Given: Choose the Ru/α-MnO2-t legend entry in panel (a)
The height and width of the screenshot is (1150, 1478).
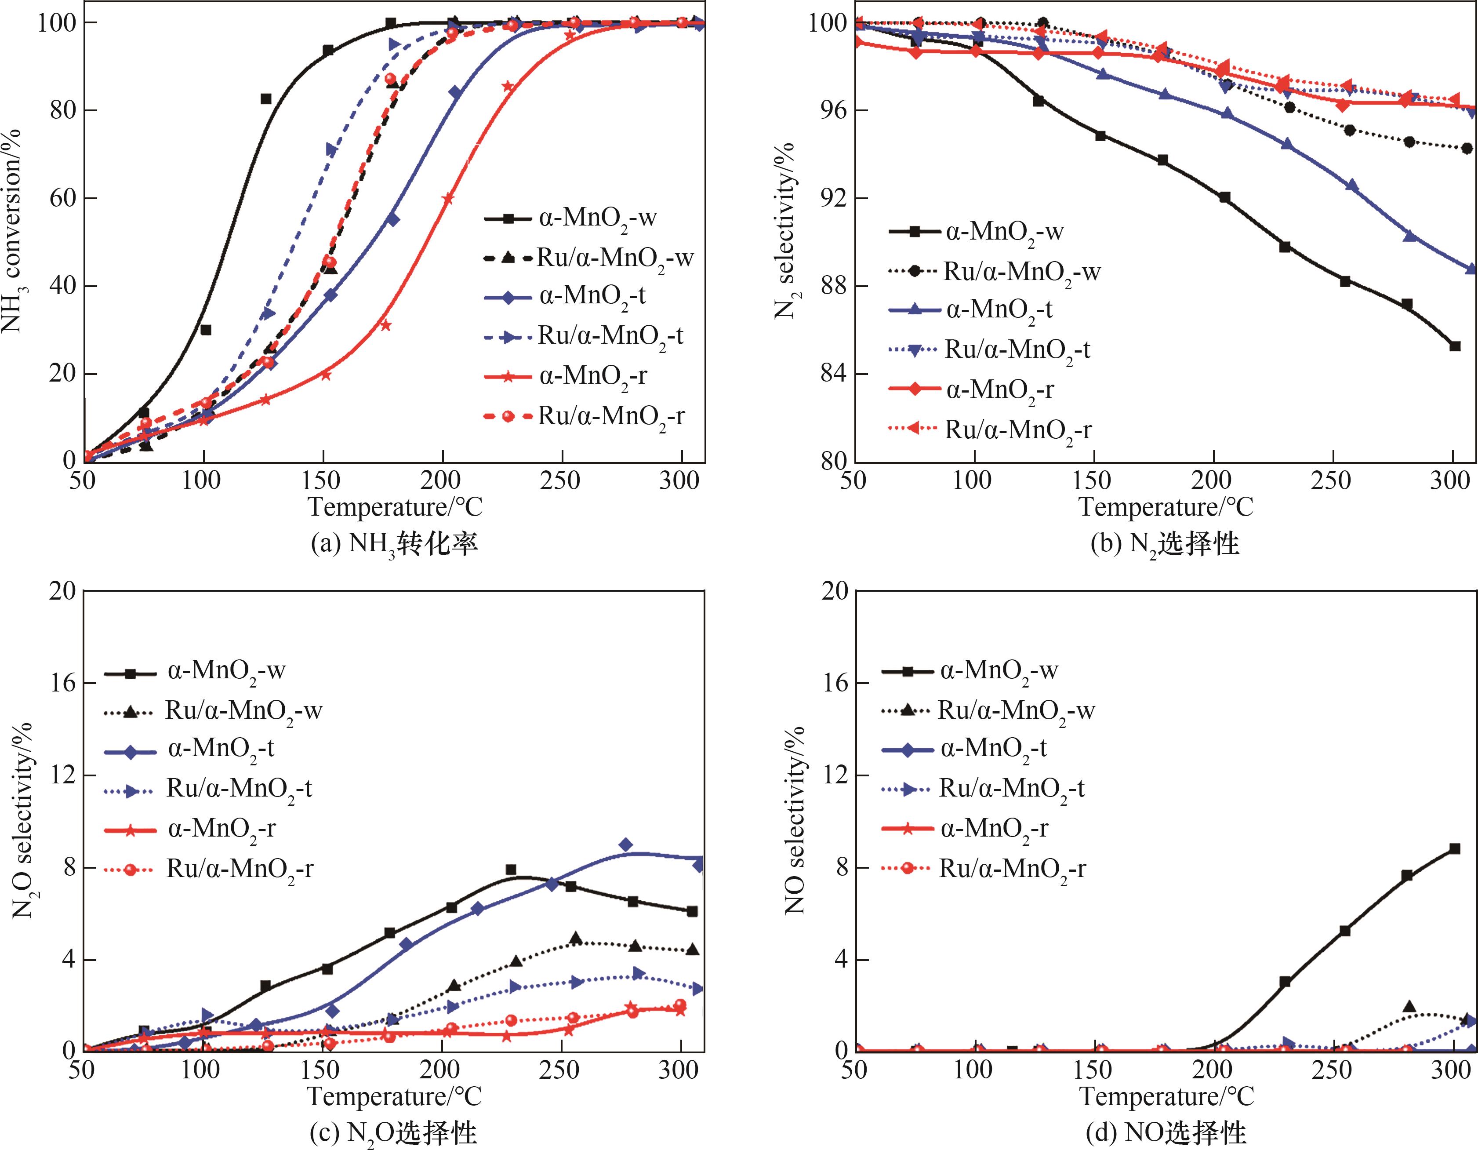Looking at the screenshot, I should coord(609,336).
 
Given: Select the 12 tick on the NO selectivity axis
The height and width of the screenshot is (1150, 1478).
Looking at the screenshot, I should coord(834,776).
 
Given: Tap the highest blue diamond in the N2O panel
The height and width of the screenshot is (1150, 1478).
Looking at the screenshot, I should coord(626,844).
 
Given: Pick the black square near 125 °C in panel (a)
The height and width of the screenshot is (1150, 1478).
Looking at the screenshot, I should coord(266,99).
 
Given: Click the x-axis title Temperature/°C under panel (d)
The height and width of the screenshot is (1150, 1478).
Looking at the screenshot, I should coord(1166,1096).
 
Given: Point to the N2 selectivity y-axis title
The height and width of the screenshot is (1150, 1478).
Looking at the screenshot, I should coord(785,230).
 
